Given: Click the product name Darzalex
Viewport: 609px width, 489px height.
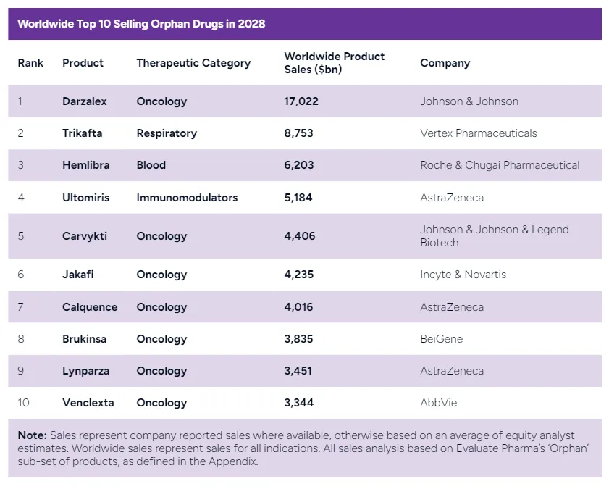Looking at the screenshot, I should click(x=84, y=101).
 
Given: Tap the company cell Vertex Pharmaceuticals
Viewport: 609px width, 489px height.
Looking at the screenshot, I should click(x=478, y=133).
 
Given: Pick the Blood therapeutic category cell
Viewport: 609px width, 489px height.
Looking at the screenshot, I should click(x=151, y=165).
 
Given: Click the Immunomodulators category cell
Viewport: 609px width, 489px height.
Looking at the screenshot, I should click(x=187, y=197).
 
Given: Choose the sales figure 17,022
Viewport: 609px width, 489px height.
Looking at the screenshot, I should click(x=301, y=101).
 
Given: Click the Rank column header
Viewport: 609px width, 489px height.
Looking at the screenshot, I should click(x=30, y=63).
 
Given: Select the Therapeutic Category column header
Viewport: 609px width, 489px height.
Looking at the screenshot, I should click(x=193, y=63).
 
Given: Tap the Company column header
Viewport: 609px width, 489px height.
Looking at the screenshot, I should click(x=445, y=63).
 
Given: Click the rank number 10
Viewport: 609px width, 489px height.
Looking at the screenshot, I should click(x=23, y=403).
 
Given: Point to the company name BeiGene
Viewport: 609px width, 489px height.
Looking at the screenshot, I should click(x=441, y=339).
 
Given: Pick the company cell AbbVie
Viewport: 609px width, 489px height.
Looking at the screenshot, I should click(x=438, y=403).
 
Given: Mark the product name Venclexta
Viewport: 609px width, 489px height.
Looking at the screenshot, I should click(x=88, y=403).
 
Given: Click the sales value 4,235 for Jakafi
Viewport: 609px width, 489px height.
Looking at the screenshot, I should click(x=299, y=275).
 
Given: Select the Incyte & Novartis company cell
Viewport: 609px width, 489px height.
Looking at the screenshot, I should click(x=463, y=275).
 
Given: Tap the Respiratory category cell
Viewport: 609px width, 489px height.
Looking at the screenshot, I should click(x=167, y=133).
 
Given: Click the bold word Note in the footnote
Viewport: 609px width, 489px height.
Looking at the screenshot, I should click(x=32, y=435).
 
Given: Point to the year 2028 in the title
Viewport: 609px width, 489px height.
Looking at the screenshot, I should click(x=251, y=24).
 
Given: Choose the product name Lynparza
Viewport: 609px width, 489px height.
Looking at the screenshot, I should click(x=85, y=371).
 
